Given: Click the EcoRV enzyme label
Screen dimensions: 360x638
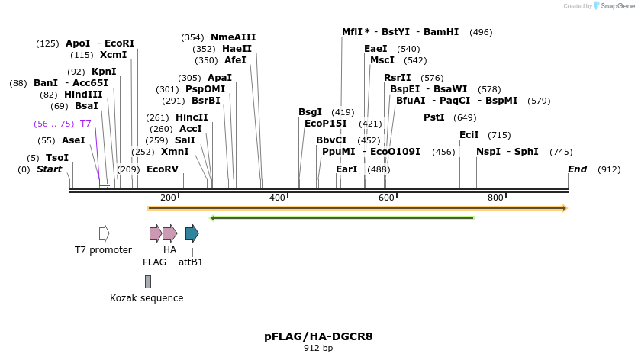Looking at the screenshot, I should pyautogui.click(x=162, y=169).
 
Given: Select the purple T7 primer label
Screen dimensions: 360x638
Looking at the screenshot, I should pyautogui.click(x=85, y=124).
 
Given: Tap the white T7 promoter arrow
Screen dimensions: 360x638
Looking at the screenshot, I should pyautogui.click(x=104, y=233).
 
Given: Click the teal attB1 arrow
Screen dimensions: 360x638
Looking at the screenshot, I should pyautogui.click(x=192, y=233).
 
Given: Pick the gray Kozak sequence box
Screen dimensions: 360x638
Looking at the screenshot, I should pyautogui.click(x=147, y=282).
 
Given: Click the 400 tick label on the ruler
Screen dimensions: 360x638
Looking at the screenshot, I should pyautogui.click(x=278, y=198).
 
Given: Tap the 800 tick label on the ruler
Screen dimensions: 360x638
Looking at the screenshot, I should pyautogui.click(x=495, y=198).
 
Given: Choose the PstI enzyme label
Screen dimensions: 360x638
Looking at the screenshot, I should pyautogui.click(x=433, y=117).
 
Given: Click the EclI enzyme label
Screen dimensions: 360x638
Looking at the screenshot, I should pyautogui.click(x=469, y=135).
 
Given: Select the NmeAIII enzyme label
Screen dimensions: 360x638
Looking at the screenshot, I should pyautogui.click(x=233, y=37).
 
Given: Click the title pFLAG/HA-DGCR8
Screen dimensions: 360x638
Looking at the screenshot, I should pyautogui.click(x=318, y=336).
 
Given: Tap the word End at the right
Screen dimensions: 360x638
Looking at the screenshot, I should pyautogui.click(x=578, y=169).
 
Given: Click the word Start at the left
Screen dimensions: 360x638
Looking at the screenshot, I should pyautogui.click(x=50, y=169).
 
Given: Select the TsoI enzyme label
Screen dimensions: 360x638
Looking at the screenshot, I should pyautogui.click(x=57, y=158).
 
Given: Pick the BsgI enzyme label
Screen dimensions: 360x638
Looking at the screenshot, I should pyautogui.click(x=310, y=112).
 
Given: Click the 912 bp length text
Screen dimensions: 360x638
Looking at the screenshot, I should pyautogui.click(x=318, y=349).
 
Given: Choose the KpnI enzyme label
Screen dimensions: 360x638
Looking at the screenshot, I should pyautogui.click(x=104, y=72).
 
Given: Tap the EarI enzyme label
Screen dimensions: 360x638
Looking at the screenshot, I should pyautogui.click(x=346, y=169).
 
